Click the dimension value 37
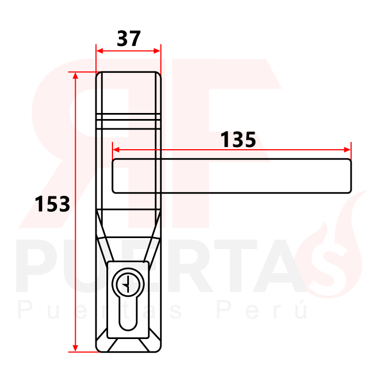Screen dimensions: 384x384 point(129,38)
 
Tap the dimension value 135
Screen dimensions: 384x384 point(238,139)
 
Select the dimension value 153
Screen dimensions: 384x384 point(53,204)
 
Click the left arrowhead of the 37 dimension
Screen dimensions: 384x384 point(99,51)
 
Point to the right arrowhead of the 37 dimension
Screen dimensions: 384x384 point(157,51)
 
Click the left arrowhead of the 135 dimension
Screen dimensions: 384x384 point(116,150)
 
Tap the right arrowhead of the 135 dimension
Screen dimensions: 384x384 point(347,150)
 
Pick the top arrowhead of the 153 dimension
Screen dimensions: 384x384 point(76,76)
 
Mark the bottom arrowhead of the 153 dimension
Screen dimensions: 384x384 point(76,348)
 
